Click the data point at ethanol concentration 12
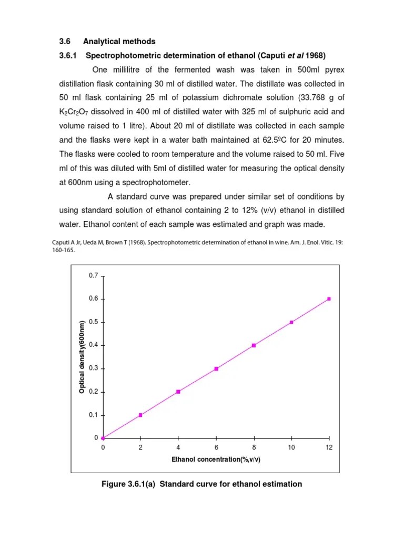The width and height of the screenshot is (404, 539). coord(329,298)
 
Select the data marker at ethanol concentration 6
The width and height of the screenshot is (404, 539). coord(216,368)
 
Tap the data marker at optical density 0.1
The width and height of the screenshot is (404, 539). coord(140,415)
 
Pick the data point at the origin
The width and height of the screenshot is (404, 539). coord(103,438)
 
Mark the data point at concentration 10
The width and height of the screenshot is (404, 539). coord(291,322)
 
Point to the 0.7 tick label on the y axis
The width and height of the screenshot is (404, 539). coord(93,275)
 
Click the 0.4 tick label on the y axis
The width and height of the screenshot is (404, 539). coord(93,345)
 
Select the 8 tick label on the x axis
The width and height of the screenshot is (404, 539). coord(254,447)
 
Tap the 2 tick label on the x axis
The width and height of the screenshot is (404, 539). coord(140,447)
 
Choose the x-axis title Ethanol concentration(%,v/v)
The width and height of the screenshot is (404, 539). coord(216,460)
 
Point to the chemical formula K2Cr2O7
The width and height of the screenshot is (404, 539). coord(76,112)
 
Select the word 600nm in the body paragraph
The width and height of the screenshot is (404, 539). coord(76,182)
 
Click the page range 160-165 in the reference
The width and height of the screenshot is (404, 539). coord(67,251)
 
